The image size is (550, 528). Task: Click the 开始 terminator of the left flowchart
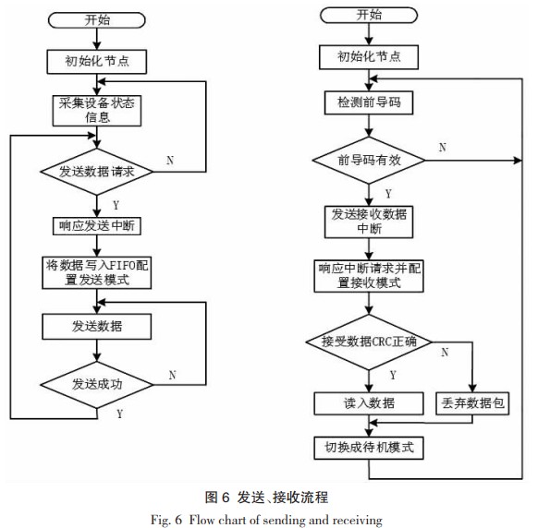pyautogui.click(x=96, y=20)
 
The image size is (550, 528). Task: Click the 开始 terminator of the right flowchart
pyautogui.click(x=369, y=16)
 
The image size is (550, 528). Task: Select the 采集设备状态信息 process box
pyautogui.click(x=97, y=111)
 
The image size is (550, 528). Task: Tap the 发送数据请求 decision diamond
pyautogui.click(x=97, y=172)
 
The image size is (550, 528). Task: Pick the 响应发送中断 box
pyautogui.click(x=97, y=226)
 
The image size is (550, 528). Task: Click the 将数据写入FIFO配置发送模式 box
pyautogui.click(x=97, y=273)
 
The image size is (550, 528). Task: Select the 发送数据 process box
pyautogui.click(x=97, y=327)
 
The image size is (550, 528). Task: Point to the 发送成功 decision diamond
pyautogui.click(x=97, y=385)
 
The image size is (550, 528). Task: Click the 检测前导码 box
pyautogui.click(x=369, y=102)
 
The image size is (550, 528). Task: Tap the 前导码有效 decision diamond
pyautogui.click(x=369, y=160)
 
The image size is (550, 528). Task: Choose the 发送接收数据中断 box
pyautogui.click(x=369, y=222)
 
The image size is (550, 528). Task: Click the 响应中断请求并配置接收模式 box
pyautogui.click(x=369, y=276)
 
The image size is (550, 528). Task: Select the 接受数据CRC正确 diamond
pyautogui.click(x=369, y=342)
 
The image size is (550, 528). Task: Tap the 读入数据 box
pyautogui.click(x=369, y=403)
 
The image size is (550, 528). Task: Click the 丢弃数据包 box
pyautogui.click(x=472, y=403)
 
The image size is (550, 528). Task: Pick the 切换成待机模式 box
pyautogui.click(x=369, y=448)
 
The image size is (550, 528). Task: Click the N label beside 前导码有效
pyautogui.click(x=443, y=148)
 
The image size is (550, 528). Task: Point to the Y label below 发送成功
pyautogui.click(x=119, y=414)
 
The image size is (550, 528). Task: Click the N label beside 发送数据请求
pyautogui.click(x=170, y=161)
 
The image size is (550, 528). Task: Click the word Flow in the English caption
pyautogui.click(x=202, y=520)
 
